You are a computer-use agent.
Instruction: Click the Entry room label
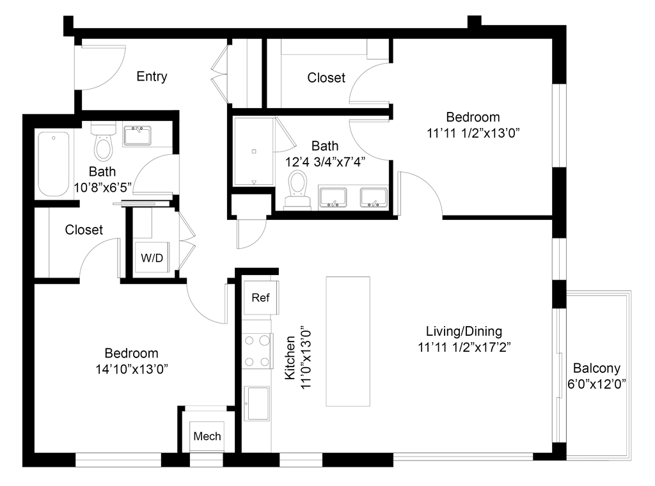[153, 77]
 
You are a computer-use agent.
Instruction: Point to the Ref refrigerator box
[260, 297]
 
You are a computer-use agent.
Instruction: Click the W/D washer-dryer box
[152, 258]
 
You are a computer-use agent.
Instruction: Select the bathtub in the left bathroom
[53, 164]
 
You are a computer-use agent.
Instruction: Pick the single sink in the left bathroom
[138, 135]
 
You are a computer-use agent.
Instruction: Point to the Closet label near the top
[326, 78]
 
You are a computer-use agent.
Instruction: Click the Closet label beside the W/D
[84, 230]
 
